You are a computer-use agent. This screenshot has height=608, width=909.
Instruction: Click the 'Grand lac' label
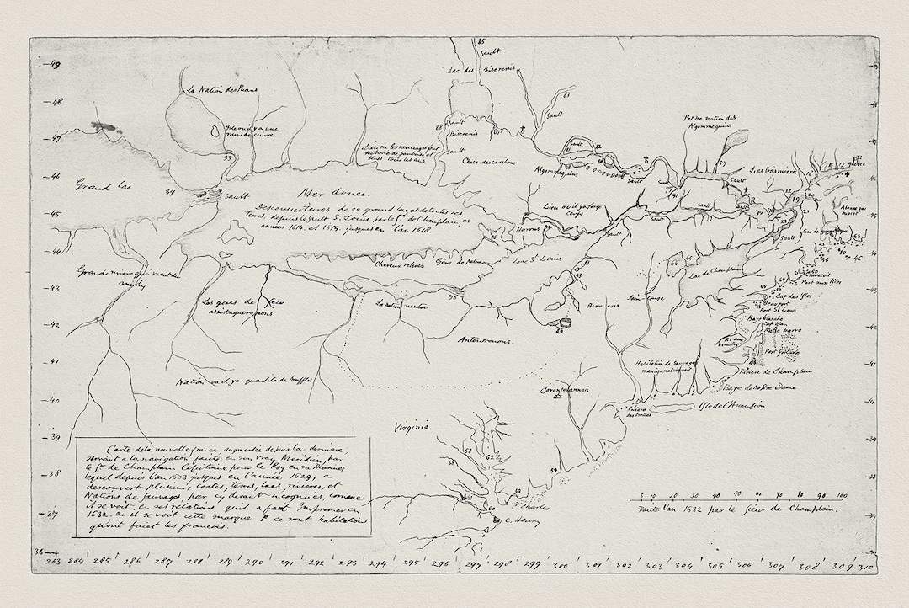(x=100, y=184)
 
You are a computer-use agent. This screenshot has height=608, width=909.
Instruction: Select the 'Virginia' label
(x=411, y=427)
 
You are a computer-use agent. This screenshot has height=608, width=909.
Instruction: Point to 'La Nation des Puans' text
(x=222, y=89)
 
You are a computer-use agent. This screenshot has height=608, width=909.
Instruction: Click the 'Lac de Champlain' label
(x=715, y=272)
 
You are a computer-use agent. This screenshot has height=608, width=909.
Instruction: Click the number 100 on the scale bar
(x=841, y=495)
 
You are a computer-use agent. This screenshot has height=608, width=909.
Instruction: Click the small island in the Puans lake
(x=214, y=131)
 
